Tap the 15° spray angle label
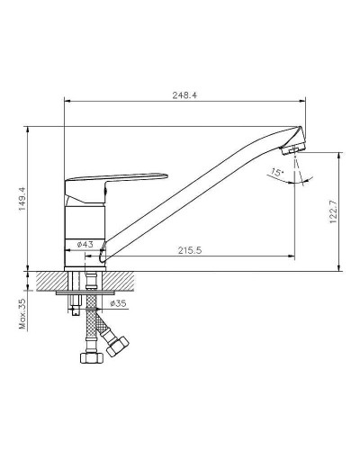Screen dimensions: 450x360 pos(274,170)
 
